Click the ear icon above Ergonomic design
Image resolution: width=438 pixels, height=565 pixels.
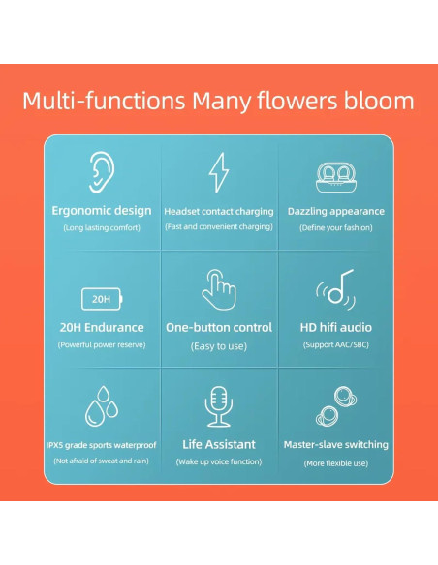tap(101, 172)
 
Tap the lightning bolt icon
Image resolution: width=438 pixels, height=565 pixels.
tap(219, 172)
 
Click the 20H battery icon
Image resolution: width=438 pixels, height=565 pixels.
tap(102, 296)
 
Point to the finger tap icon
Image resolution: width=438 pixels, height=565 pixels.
tap(218, 289)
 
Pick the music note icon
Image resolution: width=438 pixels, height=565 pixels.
tap(336, 289)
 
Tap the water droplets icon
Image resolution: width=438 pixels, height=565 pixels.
tap(102, 406)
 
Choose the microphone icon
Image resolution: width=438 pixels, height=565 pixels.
tap(219, 406)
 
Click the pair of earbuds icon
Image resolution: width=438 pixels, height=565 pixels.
tap(335, 406)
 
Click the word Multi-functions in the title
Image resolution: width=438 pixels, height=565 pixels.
tap(104, 101)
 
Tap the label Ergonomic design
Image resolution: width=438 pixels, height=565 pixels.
tap(102, 210)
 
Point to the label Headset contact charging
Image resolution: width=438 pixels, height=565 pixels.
tap(218, 211)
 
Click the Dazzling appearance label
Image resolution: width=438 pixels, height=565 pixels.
tap(336, 211)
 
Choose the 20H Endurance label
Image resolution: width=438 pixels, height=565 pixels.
tap(102, 327)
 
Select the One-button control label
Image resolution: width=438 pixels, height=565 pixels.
tap(219, 327)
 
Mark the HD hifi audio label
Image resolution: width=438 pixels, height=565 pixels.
tap(336, 327)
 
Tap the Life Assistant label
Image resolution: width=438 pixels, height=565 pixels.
tap(219, 444)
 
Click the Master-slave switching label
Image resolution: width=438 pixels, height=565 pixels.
tap(336, 444)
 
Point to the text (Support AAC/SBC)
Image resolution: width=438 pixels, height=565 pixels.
tap(336, 344)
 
